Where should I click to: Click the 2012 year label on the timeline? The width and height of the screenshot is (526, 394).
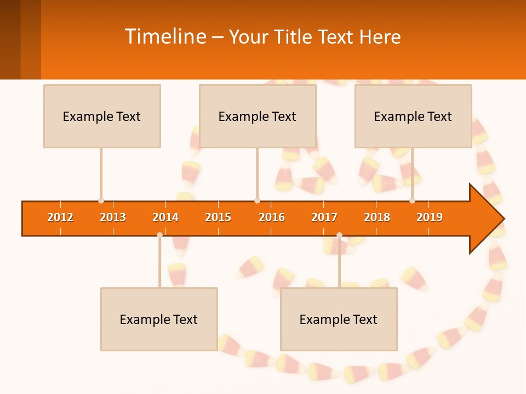[x=60, y=217]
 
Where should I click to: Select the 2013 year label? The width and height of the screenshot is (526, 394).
[x=113, y=217]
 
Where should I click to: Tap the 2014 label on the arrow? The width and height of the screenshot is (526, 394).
[x=165, y=217]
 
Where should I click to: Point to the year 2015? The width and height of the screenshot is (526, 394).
[x=218, y=217]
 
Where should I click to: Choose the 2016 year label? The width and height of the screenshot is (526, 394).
[x=272, y=217]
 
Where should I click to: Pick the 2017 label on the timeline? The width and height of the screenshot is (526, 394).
[x=324, y=217]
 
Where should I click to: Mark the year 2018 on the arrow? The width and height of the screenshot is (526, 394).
[x=377, y=217]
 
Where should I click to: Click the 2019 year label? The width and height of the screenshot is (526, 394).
[x=430, y=217]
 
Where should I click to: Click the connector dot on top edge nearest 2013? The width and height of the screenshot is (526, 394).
[x=101, y=201]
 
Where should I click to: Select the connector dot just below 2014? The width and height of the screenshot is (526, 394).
[x=159, y=235]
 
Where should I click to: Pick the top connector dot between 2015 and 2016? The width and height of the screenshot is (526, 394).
[x=257, y=201]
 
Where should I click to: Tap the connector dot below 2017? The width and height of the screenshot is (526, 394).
[x=339, y=235]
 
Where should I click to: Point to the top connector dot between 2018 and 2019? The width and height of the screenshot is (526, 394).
[x=412, y=201]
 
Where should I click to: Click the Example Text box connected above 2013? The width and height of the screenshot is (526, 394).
[x=102, y=116]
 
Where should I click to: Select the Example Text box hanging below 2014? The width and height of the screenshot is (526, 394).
[x=159, y=319]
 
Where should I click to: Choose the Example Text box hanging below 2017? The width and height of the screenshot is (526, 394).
[x=339, y=319]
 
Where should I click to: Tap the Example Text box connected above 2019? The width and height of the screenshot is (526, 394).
[x=413, y=116]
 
